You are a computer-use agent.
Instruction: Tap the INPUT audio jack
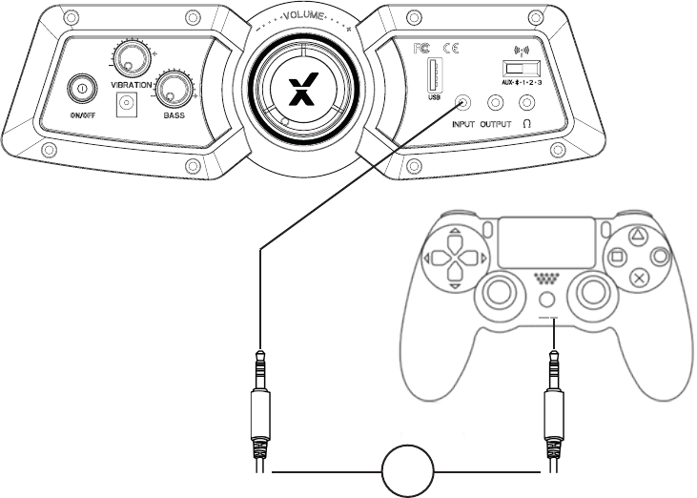[x=464, y=103]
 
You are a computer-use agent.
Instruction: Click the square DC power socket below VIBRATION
[x=124, y=108]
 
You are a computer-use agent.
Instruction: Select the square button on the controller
[x=618, y=256]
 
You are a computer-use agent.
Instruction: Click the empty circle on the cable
[x=408, y=471]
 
